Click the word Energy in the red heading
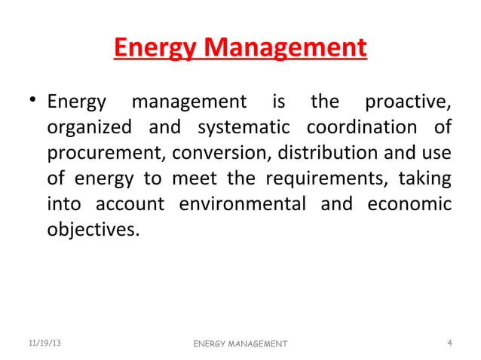click(158, 49)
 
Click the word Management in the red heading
click(286, 49)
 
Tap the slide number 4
click(449, 343)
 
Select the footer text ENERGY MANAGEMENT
click(240, 344)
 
